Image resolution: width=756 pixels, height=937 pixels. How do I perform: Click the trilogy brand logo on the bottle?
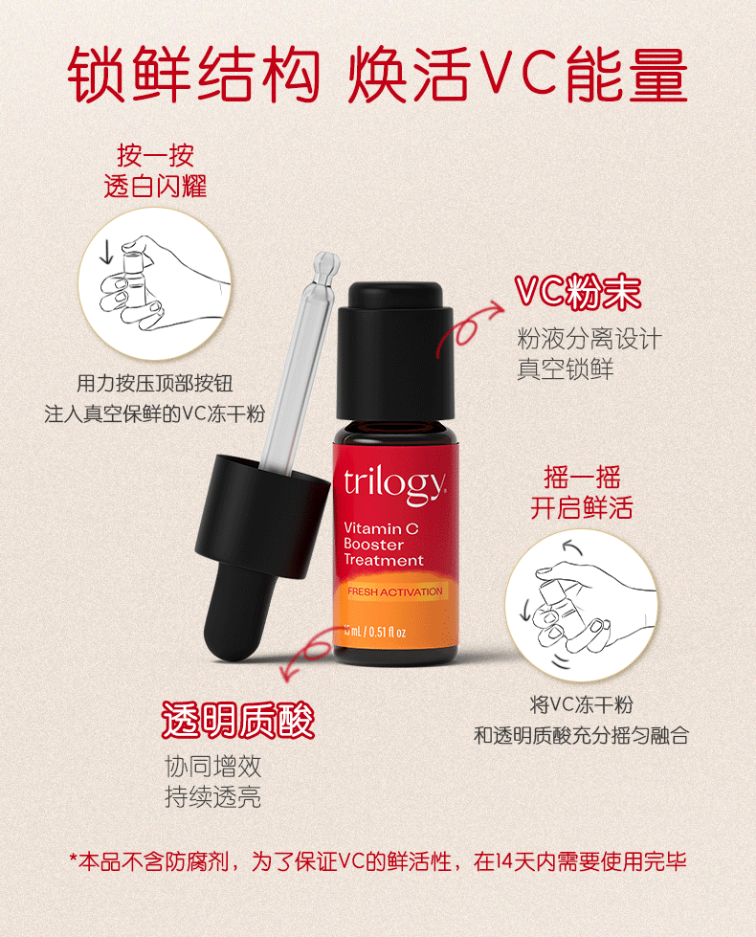pos(395,484)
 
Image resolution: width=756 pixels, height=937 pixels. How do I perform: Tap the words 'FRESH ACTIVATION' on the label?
pos(395,591)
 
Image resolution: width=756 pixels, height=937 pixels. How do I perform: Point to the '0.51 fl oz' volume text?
pos(388,632)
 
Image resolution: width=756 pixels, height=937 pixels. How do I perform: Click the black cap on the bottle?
pos(394,351)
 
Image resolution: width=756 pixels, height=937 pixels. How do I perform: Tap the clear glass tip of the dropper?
pos(324,270)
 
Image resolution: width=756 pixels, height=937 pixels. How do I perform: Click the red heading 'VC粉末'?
pos(578,292)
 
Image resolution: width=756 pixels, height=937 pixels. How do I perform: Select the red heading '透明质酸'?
pos(238,720)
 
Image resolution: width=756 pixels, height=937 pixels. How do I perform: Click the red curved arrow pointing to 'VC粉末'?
pos(464,327)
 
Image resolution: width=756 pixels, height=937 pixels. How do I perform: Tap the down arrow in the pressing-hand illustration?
pos(106,252)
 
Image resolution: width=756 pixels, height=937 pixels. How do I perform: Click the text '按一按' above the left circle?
pos(155,155)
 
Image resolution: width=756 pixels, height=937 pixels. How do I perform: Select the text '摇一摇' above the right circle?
pos(582,477)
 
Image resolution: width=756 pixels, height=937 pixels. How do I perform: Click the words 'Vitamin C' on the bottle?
pos(381,528)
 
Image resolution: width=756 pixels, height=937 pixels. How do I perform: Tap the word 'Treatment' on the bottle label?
pos(383,561)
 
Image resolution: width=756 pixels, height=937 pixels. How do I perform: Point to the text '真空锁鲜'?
pos(565,368)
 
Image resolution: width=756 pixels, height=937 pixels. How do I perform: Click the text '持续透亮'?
pos(212,796)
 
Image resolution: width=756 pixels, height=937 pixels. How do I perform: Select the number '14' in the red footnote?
pos(505,861)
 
